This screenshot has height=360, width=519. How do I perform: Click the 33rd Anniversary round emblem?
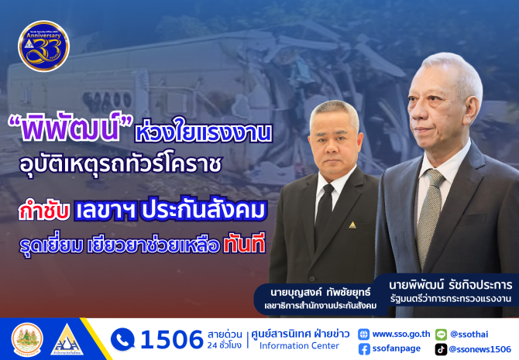[43, 46]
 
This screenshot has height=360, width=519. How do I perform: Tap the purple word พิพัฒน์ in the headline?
[70, 129]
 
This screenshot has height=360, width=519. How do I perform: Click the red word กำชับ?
[43, 211]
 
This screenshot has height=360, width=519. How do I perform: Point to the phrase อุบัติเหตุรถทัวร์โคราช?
[120, 165]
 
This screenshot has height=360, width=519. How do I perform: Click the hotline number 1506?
[172, 340]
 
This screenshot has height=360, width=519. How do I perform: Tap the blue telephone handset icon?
[122, 340]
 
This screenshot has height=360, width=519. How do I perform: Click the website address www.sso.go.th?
[401, 334]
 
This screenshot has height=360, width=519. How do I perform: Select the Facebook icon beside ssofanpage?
[364, 349]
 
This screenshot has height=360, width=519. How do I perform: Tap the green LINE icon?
[441, 334]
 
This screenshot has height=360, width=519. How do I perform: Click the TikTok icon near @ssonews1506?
[441, 349]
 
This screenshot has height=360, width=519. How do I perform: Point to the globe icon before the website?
[364, 334]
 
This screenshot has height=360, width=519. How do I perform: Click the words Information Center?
[299, 346]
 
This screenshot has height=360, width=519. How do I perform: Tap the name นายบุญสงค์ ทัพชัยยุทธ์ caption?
[321, 293]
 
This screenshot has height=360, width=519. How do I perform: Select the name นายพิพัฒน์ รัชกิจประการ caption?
[451, 285]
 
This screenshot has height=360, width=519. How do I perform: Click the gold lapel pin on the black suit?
[352, 225]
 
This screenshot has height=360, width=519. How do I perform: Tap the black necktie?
[324, 212]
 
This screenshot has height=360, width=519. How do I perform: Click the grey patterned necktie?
[429, 215]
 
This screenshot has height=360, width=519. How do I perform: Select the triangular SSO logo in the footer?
[67, 340]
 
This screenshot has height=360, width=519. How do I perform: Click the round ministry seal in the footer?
[27, 340]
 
